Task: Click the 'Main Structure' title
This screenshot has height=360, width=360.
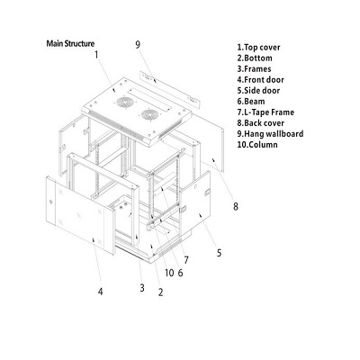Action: coord(70,44)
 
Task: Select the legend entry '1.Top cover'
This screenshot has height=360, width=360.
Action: coord(258,48)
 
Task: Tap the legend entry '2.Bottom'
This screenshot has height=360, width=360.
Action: coord(255,58)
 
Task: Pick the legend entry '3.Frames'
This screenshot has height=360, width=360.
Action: coord(254,69)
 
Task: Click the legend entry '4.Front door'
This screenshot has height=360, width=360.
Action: coord(260,80)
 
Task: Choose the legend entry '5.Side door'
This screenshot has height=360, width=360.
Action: coord(258,91)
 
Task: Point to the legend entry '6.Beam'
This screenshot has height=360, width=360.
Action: coord(251,102)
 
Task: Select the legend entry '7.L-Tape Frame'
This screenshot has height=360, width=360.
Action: coord(265,112)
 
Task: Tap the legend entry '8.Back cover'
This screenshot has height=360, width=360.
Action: coord(261,123)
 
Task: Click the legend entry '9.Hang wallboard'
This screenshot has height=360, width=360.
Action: coord(270,134)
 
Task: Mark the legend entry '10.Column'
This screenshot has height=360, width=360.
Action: coord(257,145)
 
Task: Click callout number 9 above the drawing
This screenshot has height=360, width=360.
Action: coord(138,45)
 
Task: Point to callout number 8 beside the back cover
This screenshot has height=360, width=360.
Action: coord(236,206)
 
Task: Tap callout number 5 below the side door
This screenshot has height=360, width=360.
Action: coord(220,253)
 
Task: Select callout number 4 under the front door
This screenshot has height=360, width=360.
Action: coord(101,292)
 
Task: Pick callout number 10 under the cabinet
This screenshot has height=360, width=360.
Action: coord(169,273)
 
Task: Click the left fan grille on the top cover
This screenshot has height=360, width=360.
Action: coord(125,103)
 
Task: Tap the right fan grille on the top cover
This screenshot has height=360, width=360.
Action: coord(150,114)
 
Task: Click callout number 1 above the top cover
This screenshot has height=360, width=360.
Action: coord(96,55)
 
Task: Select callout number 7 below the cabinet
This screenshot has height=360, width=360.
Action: coord(186,260)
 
